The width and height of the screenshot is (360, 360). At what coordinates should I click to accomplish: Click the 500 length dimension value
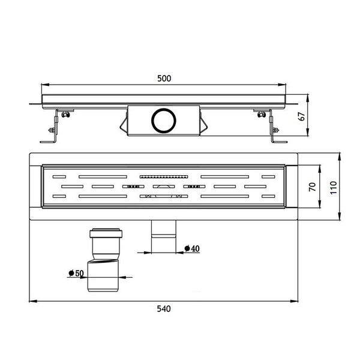click(164, 79)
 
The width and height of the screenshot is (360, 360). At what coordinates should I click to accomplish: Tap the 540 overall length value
click(164, 309)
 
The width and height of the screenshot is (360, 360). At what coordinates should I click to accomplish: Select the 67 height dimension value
click(302, 116)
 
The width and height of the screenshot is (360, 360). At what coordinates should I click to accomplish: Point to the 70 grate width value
click(313, 187)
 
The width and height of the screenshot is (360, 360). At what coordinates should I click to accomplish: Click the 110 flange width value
click(333, 188)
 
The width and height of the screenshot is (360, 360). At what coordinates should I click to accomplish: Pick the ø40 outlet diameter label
click(192, 248)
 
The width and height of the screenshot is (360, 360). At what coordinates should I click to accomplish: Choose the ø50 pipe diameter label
click(76, 273)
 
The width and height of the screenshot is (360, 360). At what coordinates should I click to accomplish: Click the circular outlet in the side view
click(164, 121)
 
